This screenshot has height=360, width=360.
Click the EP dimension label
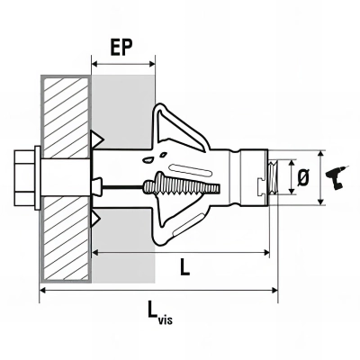pos(121,47)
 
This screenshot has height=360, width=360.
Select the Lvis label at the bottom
pos(160,313)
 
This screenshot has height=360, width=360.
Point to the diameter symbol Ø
pos(303,177)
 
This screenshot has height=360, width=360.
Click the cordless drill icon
pos(336,177)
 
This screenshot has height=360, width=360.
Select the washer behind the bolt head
pos(38,177)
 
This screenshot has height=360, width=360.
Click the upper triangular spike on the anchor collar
pos(97,139)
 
